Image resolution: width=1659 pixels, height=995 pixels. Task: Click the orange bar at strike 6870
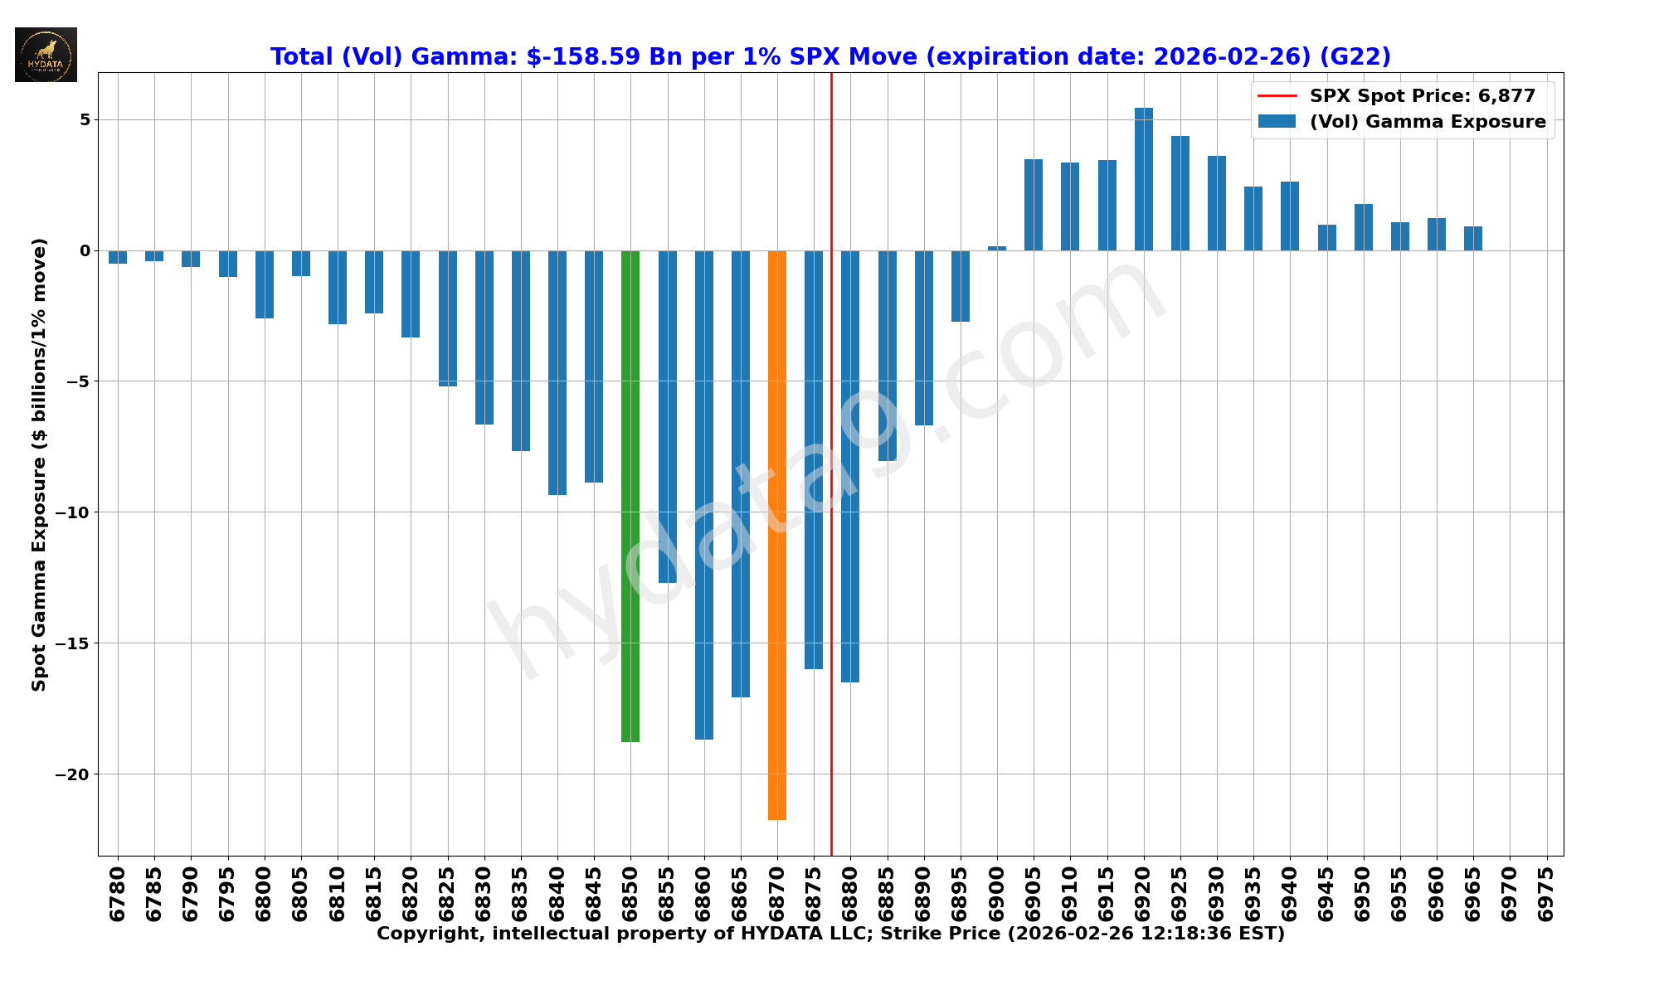click(777, 535)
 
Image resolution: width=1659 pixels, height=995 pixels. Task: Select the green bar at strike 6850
click(630, 496)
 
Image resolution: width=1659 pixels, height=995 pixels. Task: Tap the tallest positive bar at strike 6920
click(1144, 179)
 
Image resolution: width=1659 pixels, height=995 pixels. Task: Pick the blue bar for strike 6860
click(704, 494)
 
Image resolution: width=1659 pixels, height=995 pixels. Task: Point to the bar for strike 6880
click(850, 466)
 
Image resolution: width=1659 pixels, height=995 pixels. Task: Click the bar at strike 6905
click(1034, 205)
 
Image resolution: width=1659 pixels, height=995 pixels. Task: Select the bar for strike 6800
click(265, 284)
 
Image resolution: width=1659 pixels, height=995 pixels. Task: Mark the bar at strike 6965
click(1473, 239)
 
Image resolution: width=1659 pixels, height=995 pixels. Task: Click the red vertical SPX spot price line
click(831, 415)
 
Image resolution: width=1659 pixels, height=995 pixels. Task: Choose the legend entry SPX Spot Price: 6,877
click(1422, 96)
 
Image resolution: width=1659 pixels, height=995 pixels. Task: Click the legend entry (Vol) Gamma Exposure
click(1427, 122)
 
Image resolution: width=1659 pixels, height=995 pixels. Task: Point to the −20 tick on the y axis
click(72, 774)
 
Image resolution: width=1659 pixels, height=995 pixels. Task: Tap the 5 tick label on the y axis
click(85, 119)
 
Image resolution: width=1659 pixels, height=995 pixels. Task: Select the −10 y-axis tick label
click(72, 512)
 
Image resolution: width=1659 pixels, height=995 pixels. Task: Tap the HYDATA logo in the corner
click(46, 55)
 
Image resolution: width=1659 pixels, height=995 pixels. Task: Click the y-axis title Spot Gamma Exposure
click(39, 464)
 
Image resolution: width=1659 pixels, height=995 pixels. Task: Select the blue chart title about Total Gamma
click(830, 57)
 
